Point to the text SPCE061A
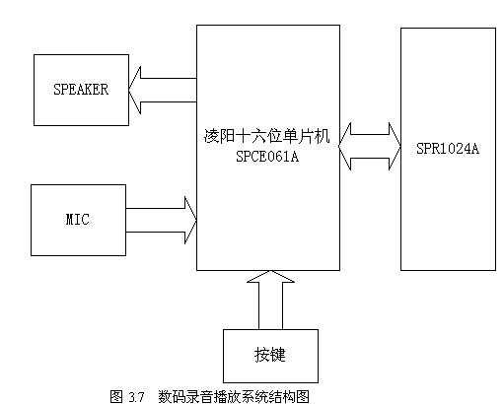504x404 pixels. pyautogui.click(x=267, y=156)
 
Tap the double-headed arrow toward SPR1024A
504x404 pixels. pyautogui.click(x=370, y=147)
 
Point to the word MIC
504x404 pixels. pyautogui.click(x=77, y=219)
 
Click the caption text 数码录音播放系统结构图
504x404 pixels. pyautogui.click(x=234, y=396)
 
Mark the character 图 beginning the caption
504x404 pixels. pyautogui.click(x=116, y=396)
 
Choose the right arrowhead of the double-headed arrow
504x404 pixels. pyautogui.click(x=392, y=147)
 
